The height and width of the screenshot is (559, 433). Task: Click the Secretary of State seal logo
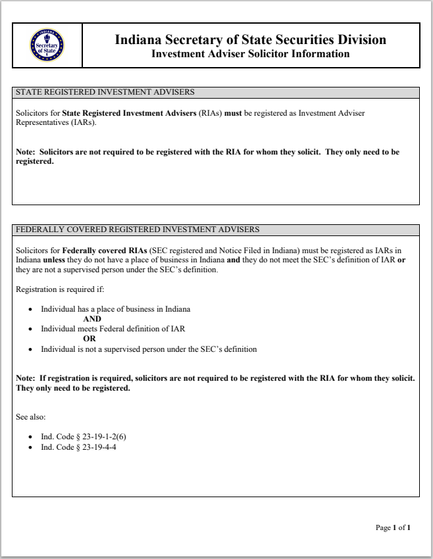click(x=47, y=45)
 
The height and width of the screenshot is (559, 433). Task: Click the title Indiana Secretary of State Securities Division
click(x=250, y=40)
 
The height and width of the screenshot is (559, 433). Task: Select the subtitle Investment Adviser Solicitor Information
click(x=250, y=54)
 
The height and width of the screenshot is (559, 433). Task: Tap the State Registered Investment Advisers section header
click(x=105, y=92)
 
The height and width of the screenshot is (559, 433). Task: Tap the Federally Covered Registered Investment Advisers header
click(x=138, y=230)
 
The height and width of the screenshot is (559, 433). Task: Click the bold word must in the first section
click(x=233, y=113)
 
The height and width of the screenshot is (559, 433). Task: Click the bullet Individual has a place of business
click(x=116, y=308)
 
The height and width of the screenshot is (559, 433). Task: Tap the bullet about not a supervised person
click(x=149, y=349)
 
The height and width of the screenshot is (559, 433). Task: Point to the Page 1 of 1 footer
click(x=393, y=527)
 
